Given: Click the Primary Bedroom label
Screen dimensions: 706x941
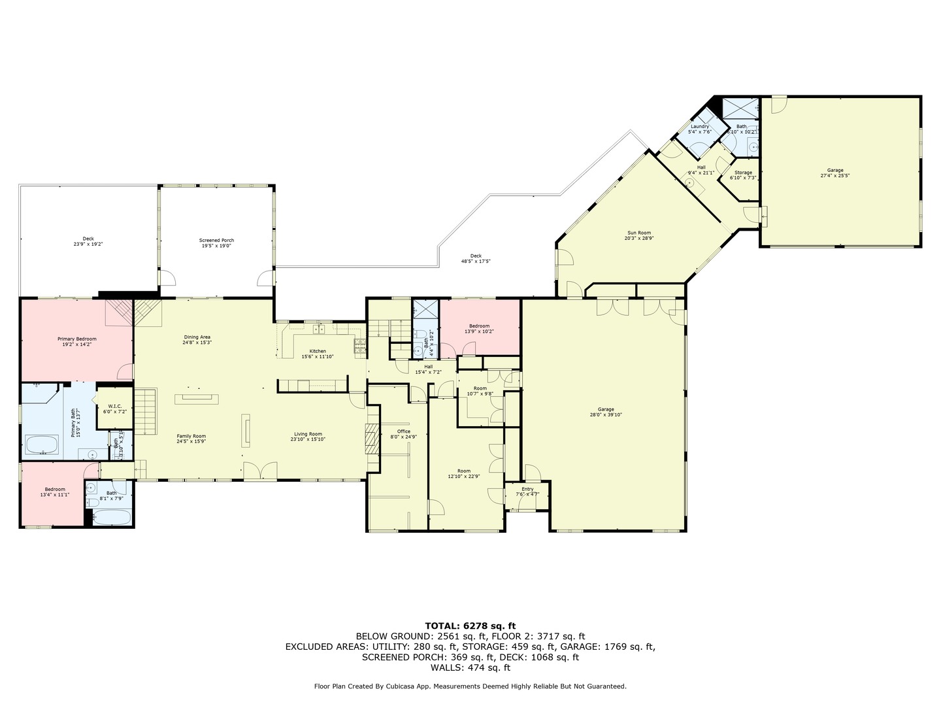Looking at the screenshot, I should coord(76,339).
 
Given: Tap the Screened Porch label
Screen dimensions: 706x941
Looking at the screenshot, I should coord(216,241).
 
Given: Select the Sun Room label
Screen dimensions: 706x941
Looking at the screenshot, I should coord(638,233).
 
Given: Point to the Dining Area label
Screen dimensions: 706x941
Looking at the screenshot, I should coord(197,337).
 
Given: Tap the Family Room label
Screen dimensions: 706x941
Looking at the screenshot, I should coord(191,436).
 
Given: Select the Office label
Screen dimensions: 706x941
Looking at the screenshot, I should coord(403,431).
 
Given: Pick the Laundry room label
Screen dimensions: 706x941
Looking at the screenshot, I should coord(699,126).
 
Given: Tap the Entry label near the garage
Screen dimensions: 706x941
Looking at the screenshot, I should coord(527,489).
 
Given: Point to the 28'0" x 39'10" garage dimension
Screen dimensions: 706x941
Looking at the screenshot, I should coord(605,414).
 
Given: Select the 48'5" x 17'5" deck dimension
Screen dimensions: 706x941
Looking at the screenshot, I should coord(476,261).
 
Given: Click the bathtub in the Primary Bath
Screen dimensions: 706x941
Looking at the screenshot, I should coord(42,446).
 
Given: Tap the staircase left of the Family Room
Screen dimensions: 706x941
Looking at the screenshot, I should coord(146,411).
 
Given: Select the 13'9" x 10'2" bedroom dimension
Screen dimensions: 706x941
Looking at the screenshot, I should coord(479,331).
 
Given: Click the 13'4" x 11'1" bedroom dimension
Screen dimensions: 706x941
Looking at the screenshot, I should coord(54,495).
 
